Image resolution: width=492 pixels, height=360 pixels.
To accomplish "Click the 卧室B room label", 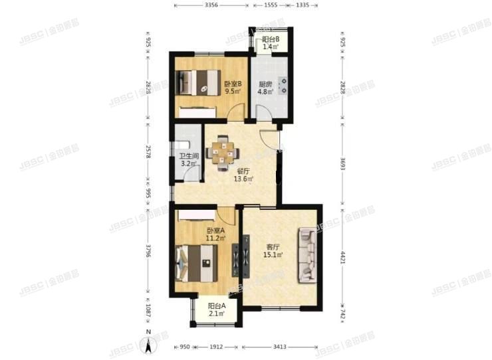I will click(232, 88).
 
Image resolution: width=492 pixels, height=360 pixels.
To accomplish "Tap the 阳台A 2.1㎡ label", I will click(215, 310).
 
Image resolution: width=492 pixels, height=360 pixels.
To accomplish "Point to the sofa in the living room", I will click(308, 254).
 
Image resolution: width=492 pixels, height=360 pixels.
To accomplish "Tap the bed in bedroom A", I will click(197, 262).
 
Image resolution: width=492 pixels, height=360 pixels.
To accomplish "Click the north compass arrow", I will click(149, 343).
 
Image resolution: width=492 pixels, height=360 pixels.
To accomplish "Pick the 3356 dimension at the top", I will click(211, 5).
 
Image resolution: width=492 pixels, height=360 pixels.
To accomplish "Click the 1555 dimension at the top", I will click(270, 5).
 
